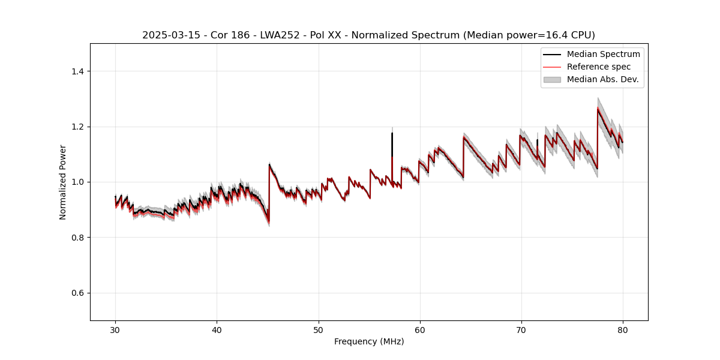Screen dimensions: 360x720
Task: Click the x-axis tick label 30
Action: click(x=115, y=330)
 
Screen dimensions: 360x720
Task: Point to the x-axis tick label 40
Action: click(x=217, y=330)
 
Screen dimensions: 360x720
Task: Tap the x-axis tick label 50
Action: click(x=318, y=330)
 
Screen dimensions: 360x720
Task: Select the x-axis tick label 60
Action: click(x=419, y=330)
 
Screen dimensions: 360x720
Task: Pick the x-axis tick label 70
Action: click(x=521, y=330)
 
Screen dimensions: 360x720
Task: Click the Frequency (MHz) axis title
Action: click(x=369, y=341)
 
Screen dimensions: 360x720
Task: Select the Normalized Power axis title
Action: click(x=63, y=182)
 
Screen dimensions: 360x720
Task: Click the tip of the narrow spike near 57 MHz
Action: click(x=392, y=133)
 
